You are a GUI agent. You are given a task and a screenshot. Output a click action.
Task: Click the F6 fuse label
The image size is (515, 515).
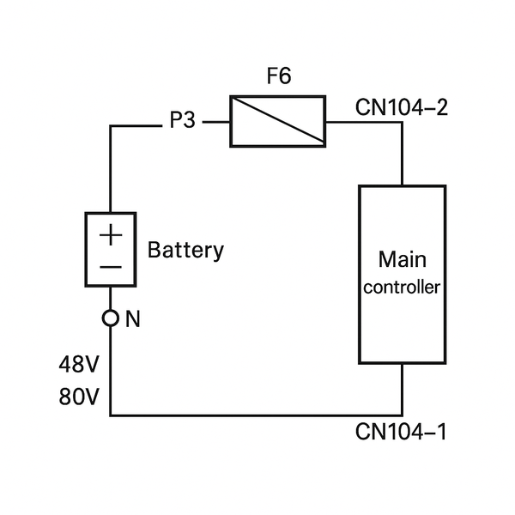[278, 76]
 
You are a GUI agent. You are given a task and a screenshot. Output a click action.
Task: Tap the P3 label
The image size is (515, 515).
[182, 121]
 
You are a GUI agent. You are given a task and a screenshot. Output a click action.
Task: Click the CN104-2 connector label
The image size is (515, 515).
[401, 108]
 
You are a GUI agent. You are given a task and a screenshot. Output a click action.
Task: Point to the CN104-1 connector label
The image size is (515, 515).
[401, 431]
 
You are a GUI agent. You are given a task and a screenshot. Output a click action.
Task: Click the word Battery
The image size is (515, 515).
[185, 251]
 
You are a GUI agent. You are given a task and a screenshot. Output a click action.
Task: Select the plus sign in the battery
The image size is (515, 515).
[111, 234]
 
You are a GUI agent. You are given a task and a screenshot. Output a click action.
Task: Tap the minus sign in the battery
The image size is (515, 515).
[111, 267]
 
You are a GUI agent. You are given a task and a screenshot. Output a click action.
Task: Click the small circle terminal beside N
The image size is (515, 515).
[110, 318]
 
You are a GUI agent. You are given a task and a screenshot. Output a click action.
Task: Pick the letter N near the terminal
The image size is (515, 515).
[132, 319]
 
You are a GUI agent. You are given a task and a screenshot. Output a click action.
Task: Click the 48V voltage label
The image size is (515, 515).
[79, 365]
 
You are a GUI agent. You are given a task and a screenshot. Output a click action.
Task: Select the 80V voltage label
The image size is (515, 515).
[79, 398]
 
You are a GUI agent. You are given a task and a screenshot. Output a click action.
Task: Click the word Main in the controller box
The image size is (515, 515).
[402, 258]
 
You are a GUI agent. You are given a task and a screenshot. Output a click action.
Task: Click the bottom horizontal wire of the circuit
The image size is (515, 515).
[257, 415]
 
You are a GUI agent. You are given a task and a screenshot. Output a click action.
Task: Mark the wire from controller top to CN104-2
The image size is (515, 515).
[402, 154]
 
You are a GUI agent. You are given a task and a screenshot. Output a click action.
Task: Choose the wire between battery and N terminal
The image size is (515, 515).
[111, 298]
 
